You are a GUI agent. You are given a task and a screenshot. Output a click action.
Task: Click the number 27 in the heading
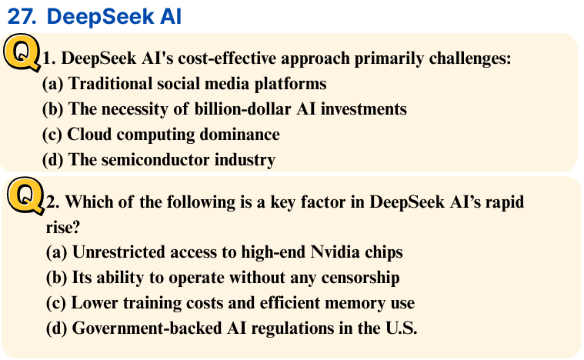pyautogui.click(x=22, y=17)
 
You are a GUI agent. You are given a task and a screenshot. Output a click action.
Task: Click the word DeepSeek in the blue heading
pyautogui.click(x=100, y=17)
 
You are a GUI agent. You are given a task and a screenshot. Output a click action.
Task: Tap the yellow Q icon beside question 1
pyautogui.click(x=22, y=52)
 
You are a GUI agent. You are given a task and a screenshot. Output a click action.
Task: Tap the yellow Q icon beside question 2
pyautogui.click(x=26, y=195)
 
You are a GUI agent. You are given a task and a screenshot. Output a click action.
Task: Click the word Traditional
pyautogui.click(x=110, y=83)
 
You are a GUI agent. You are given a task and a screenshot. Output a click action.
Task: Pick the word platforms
pyautogui.click(x=290, y=84)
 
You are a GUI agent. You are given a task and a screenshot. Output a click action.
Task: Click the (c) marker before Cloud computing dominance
pyautogui.click(x=52, y=135)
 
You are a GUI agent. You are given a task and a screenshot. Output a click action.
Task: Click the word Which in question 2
pyautogui.click(x=88, y=202)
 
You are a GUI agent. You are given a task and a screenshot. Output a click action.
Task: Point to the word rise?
pyautogui.click(x=63, y=228)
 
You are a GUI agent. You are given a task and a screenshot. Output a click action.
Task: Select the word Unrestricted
pyautogui.click(x=118, y=252)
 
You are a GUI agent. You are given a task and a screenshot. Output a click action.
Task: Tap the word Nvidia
pyautogui.click(x=335, y=252)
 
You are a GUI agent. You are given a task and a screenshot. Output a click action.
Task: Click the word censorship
pyautogui.click(x=360, y=278)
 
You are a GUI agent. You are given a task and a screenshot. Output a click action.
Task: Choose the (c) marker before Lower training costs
pyautogui.click(x=56, y=303)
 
